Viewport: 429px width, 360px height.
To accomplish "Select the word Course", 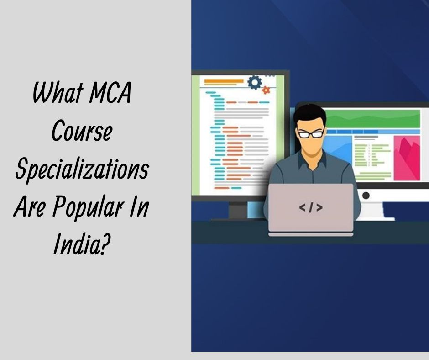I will pos(82,132).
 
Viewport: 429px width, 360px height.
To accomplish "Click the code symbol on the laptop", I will pos(311,208).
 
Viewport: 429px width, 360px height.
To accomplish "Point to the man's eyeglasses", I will pos(310,133).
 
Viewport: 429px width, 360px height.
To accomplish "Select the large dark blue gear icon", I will pos(254,83).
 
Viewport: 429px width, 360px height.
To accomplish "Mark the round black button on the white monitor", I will pos(366,195).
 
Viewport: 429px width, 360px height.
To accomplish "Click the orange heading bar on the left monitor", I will pos(217,82).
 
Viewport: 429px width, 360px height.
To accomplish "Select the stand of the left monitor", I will pos(237,210).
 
